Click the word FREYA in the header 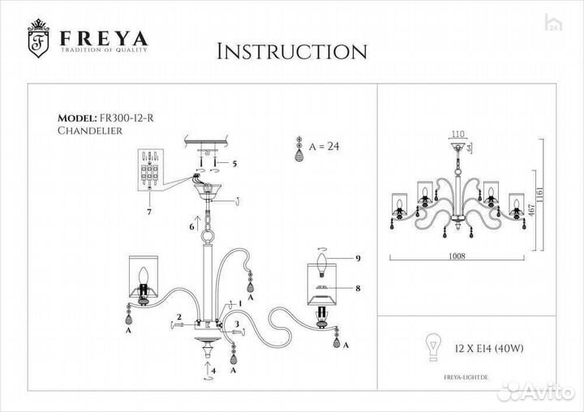click(101, 39)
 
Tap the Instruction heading click(291, 52)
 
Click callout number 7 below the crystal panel click(149, 212)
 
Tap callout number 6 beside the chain click(192, 227)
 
